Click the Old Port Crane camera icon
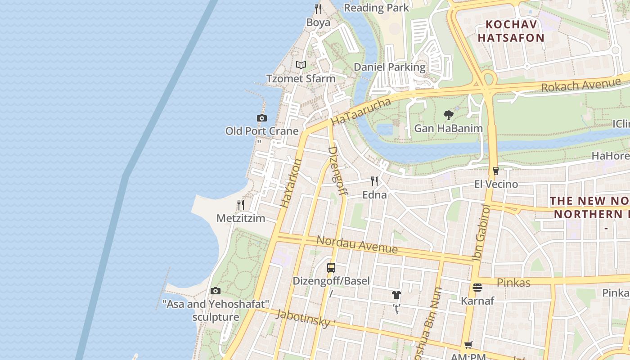[x=262, y=118]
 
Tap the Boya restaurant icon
[x=318, y=9]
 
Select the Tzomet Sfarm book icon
[x=301, y=65]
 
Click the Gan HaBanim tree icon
[x=448, y=115]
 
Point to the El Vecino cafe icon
[x=496, y=171]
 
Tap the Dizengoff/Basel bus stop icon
[x=331, y=268]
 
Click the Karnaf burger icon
[x=477, y=287]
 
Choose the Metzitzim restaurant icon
[x=241, y=205]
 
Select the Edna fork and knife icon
[x=374, y=181]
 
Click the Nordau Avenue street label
[x=357, y=244]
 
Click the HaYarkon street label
[x=291, y=183]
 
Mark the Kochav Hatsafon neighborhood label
[x=511, y=31]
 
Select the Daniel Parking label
[x=389, y=67]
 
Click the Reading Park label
[x=377, y=8]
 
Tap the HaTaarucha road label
[x=361, y=112]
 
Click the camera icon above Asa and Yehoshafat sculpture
[x=216, y=291]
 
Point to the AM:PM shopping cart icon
[x=468, y=345]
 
